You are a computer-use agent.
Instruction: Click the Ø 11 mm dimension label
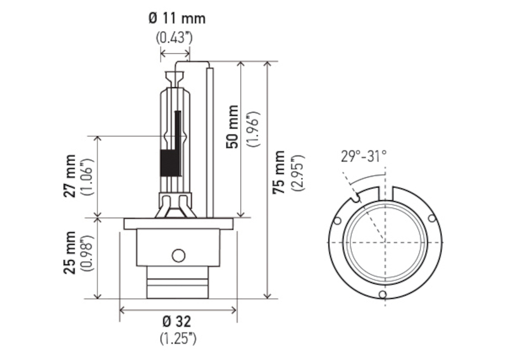(x=177, y=18)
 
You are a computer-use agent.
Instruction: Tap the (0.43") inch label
(x=175, y=38)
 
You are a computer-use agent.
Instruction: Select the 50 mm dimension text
(x=232, y=127)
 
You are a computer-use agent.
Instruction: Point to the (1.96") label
(x=253, y=129)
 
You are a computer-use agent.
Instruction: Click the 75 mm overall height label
(x=279, y=172)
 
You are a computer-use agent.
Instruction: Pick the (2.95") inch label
(x=298, y=173)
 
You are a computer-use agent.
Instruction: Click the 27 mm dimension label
(x=70, y=177)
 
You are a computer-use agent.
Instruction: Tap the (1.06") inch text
(x=88, y=177)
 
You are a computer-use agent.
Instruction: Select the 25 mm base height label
(x=70, y=253)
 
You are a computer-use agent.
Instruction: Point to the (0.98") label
(x=88, y=254)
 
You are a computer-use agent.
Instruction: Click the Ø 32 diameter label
(x=177, y=321)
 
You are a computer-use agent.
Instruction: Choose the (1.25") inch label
(x=178, y=338)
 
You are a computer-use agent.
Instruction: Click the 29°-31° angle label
(x=364, y=157)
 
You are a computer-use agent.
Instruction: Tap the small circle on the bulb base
(x=178, y=256)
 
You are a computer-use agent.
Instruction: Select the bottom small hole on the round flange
(x=383, y=294)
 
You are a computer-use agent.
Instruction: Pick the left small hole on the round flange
(x=337, y=221)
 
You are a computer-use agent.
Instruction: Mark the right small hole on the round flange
(x=432, y=218)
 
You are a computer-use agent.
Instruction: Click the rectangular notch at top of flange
(x=386, y=194)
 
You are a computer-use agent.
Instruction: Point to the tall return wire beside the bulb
(x=210, y=142)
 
